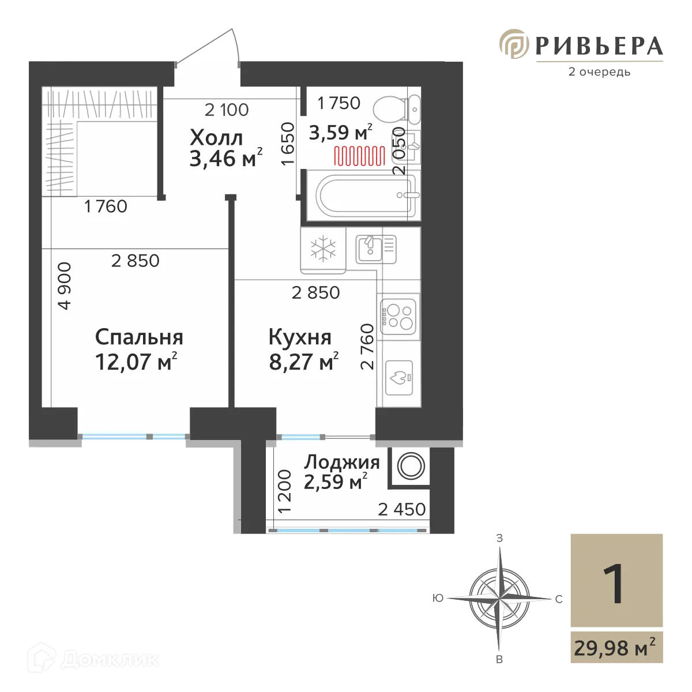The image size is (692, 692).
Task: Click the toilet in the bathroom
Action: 397,108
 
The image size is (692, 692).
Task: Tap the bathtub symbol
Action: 362,194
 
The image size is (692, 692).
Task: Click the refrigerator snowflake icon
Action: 323,249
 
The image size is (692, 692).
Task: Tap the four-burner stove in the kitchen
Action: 398,315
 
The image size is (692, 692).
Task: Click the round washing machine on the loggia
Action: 411,466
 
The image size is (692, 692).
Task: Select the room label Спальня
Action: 139,337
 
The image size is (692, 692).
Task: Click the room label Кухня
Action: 300,337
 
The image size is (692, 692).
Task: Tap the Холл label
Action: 216,138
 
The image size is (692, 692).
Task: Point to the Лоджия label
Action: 342,462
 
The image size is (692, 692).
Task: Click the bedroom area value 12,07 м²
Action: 136,362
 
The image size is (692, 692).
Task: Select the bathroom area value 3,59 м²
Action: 340,133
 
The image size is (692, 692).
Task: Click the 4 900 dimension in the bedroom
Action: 65,286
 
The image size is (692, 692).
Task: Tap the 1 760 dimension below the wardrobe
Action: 106,206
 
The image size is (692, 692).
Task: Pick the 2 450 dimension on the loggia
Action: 402,509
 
